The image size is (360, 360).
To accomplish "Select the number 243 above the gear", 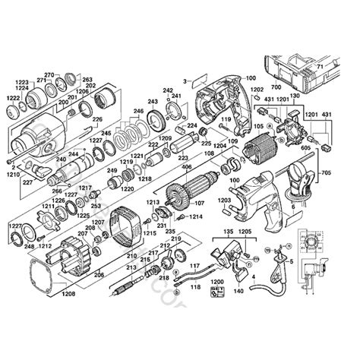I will click(x=153, y=102).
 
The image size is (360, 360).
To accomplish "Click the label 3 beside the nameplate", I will click(x=185, y=80).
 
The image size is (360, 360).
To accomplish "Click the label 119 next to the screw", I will click(x=226, y=118).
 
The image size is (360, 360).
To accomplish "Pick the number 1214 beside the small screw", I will click(x=196, y=216).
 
